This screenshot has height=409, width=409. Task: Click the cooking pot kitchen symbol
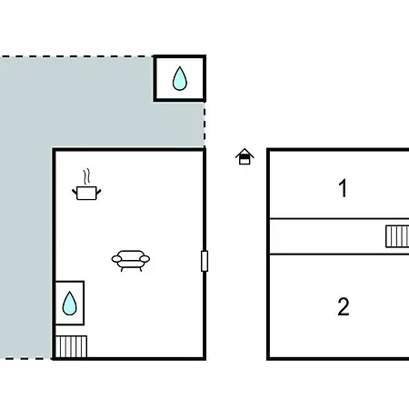[x=86, y=193]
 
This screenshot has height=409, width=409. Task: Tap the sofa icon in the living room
[x=131, y=260]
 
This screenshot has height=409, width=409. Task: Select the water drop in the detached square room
[x=180, y=78]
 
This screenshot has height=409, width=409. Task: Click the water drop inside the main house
[x=69, y=304]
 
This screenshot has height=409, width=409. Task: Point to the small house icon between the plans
[x=244, y=156]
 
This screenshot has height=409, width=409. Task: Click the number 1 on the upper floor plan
[x=343, y=188]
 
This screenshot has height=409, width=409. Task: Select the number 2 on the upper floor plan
[x=344, y=306]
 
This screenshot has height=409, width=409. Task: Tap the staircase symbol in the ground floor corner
[x=71, y=346]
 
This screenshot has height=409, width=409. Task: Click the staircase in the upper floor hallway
[x=397, y=236]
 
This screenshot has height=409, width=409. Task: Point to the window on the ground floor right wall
[x=204, y=261]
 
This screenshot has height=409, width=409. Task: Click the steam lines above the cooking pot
[x=86, y=176]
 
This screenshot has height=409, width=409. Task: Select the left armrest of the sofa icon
[x=116, y=259]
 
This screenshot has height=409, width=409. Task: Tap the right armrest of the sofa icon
[x=145, y=259]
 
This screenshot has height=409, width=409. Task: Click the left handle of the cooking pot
[x=75, y=192]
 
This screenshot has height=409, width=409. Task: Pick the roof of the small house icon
[x=244, y=153]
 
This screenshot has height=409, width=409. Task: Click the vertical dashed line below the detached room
[x=204, y=125]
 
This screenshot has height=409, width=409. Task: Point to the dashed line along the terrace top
[x=76, y=56]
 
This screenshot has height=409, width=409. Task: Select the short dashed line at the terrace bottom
[x=26, y=359]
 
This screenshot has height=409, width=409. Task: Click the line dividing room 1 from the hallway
[x=339, y=218]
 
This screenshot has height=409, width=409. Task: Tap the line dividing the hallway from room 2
[x=339, y=254]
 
